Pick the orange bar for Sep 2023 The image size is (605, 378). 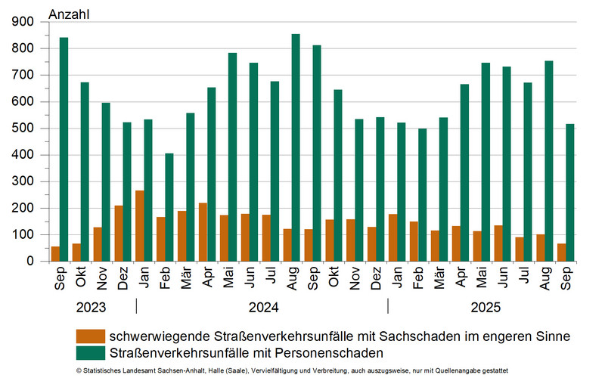pos(55,254)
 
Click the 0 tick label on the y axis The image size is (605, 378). pos(31,262)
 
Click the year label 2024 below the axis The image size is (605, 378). pos(262,308)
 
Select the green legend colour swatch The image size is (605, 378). pos(91,352)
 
